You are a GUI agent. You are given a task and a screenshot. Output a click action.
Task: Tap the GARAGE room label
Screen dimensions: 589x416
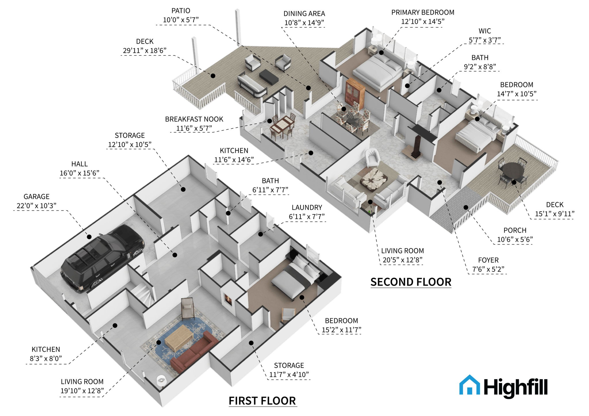pyautogui.click(x=37, y=197)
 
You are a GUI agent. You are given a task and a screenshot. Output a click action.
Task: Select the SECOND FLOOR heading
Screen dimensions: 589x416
pyautogui.click(x=411, y=282)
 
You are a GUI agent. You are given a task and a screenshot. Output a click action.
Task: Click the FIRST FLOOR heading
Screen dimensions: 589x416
pyautogui.click(x=262, y=401)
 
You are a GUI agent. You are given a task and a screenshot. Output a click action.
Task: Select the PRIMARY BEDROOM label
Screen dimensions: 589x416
pyautogui.click(x=423, y=12)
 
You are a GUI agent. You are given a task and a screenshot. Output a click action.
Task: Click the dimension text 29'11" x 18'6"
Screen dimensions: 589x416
pyautogui.click(x=145, y=51)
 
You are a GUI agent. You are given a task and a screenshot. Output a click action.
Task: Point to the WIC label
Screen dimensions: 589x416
pyautogui.click(x=485, y=31)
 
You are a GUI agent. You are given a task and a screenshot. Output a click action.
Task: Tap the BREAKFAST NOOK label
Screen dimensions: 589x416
pyautogui.click(x=194, y=119)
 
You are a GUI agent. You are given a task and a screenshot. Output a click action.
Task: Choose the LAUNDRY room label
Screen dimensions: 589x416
pyautogui.click(x=307, y=207)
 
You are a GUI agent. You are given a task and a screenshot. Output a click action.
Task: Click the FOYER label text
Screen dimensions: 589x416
pyautogui.click(x=488, y=260)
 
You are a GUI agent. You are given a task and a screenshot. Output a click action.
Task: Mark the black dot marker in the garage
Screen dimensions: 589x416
pyautogui.click(x=89, y=237)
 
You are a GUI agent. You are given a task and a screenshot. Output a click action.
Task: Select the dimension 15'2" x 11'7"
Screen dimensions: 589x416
pyautogui.click(x=341, y=330)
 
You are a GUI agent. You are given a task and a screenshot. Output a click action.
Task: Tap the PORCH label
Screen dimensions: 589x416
pyautogui.click(x=515, y=230)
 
